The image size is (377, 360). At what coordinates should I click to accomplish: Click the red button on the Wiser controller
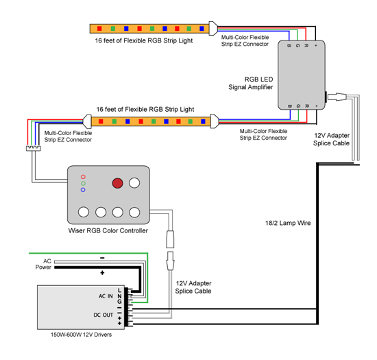pyautogui.click(x=117, y=183)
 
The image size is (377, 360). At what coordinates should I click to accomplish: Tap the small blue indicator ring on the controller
pyautogui.click(x=83, y=190)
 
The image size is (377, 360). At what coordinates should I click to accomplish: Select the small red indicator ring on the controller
pyautogui.click(x=83, y=177)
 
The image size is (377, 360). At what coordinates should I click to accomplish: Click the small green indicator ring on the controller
pyautogui.click(x=83, y=184)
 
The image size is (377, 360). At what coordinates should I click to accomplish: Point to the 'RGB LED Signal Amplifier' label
pyautogui.click(x=251, y=83)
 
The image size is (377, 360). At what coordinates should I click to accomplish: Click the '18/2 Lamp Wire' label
pyautogui.click(x=288, y=223)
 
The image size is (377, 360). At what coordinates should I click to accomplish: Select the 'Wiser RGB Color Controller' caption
pyautogui.click(x=108, y=230)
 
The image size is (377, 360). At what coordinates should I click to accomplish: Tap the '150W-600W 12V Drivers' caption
pyautogui.click(x=81, y=335)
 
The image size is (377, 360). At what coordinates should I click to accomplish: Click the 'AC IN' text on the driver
pyautogui.click(x=106, y=296)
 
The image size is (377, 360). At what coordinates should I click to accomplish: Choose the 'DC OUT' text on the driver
pyautogui.click(x=103, y=315)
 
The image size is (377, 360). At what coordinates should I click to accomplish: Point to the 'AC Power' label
pyautogui.click(x=43, y=264)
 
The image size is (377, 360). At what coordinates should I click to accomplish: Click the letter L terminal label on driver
pyautogui.click(x=119, y=291)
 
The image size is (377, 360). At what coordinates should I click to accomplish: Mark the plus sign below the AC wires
pyautogui.click(x=102, y=273)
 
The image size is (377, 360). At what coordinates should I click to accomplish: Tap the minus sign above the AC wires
pyautogui.click(x=102, y=258)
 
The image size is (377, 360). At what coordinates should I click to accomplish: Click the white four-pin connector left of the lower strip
pyautogui.click(x=34, y=148)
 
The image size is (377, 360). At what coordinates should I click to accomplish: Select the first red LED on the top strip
pyautogui.click(x=99, y=29)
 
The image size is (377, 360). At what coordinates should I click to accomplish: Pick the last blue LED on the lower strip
pyautogui.click(x=203, y=121)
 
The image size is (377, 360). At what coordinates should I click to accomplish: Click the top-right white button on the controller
pyautogui.click(x=134, y=183)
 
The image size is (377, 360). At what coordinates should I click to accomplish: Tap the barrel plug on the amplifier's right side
pyautogui.click(x=337, y=97)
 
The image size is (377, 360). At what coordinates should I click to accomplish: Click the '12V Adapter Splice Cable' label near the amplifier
pyautogui.click(x=331, y=139)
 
